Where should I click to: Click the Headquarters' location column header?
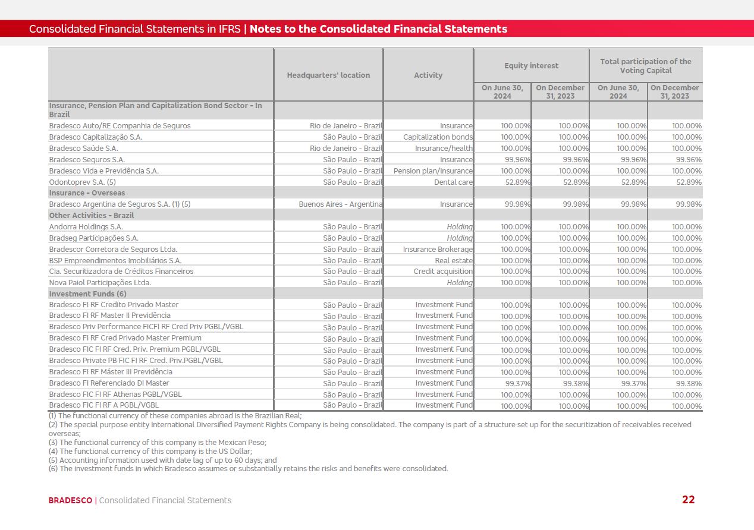[328, 75]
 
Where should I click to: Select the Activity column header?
[428, 75]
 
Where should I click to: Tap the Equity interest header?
[531, 66]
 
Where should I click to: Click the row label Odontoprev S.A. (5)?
[82, 182]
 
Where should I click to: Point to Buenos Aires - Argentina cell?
[341, 204]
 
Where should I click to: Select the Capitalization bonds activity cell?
[438, 137]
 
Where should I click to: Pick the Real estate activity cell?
[454, 261]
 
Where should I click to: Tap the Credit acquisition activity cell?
[443, 272]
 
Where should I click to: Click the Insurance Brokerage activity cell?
[438, 250]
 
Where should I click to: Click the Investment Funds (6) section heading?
[87, 294]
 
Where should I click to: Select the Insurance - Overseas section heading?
[87, 193]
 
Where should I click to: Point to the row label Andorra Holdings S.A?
[86, 227]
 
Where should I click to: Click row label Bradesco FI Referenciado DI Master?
[109, 383]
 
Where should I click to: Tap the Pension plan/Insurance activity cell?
[433, 171]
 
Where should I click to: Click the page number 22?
[688, 500]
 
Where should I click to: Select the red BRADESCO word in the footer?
[70, 500]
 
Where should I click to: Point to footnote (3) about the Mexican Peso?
[158, 443]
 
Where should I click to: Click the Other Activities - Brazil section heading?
[92, 216]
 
